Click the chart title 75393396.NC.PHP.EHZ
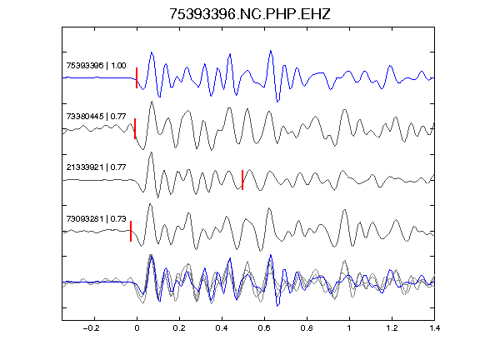[x=250, y=14]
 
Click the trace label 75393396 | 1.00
[x=96, y=66]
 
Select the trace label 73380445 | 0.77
[x=96, y=117]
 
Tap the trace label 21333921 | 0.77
[x=96, y=167]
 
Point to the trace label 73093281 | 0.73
[x=96, y=219]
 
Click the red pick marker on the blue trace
[x=137, y=77]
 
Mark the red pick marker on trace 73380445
[x=135, y=128]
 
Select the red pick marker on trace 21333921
[x=242, y=180]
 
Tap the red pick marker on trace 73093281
[x=131, y=231]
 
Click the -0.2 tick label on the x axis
[x=92, y=328]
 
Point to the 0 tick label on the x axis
[x=137, y=328]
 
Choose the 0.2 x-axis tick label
[x=179, y=328]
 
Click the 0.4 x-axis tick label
[x=222, y=328]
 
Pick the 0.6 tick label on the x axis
[x=264, y=328]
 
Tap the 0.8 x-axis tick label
[x=307, y=328]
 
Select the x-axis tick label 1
[x=349, y=328]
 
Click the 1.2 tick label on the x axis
[x=392, y=328]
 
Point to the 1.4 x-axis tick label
[x=434, y=328]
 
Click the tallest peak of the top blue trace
[x=271, y=51]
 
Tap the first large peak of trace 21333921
[x=150, y=152]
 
